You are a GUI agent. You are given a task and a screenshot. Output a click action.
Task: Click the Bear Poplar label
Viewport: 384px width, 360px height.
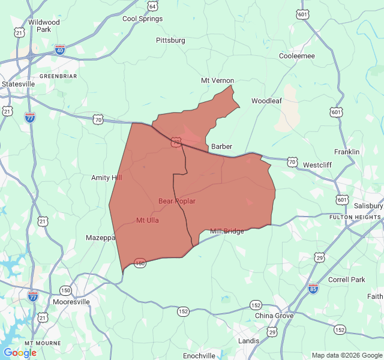click(x=177, y=201)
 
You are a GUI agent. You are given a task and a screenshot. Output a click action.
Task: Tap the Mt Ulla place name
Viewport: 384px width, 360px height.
click(x=148, y=220)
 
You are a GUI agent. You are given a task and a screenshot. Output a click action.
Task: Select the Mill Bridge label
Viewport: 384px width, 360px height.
click(x=227, y=231)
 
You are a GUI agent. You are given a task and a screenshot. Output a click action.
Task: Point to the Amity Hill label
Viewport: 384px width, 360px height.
click(x=106, y=178)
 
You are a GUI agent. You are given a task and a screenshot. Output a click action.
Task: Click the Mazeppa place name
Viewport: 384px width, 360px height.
click(x=100, y=238)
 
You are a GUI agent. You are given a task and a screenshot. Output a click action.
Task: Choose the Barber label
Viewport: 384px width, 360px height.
click(x=221, y=146)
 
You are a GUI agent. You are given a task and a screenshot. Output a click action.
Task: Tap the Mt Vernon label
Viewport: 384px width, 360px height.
click(x=217, y=80)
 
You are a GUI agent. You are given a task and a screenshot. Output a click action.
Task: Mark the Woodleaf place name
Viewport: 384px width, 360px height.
click(x=266, y=101)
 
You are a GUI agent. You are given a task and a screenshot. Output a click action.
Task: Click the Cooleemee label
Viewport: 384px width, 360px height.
click(x=297, y=56)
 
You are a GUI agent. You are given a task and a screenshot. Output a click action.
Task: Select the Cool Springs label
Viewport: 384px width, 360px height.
click(x=142, y=19)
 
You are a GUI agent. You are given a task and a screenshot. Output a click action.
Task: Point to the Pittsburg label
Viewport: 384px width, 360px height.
click(x=170, y=40)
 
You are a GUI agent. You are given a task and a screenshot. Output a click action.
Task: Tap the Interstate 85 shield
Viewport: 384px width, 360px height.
click(x=313, y=289)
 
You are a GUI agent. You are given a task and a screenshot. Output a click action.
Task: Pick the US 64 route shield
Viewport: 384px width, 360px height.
click(x=153, y=6)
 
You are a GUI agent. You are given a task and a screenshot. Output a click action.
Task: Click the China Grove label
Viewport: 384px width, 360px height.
click(x=274, y=316)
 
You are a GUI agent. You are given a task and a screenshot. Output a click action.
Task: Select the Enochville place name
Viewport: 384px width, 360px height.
click(x=199, y=356)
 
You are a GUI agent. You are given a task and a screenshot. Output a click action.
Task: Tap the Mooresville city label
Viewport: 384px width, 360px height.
click(x=71, y=302)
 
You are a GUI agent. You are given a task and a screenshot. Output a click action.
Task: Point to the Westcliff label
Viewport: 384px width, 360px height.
click(x=317, y=164)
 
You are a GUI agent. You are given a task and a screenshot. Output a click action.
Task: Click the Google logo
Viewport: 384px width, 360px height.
click(x=20, y=353)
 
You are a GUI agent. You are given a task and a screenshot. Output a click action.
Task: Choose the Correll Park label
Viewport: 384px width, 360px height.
click(x=347, y=280)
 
